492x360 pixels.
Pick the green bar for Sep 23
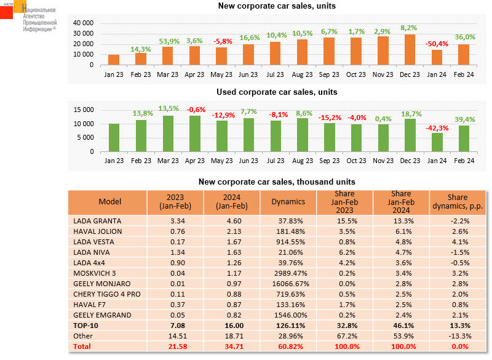[x=330, y=137]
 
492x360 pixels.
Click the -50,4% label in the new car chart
[x=438, y=44]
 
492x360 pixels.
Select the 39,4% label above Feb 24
[x=465, y=120]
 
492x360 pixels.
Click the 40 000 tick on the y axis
[x=84, y=23]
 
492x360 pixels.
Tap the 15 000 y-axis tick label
[x=84, y=110]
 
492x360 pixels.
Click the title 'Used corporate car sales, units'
[x=276, y=92]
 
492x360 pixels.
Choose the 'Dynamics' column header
[x=288, y=201]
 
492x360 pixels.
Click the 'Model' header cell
[x=110, y=201]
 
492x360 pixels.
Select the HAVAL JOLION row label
[x=98, y=231]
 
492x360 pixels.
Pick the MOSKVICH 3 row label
[x=95, y=273]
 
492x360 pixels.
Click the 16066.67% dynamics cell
[x=288, y=283]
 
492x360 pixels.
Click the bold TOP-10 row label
[x=86, y=325]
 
